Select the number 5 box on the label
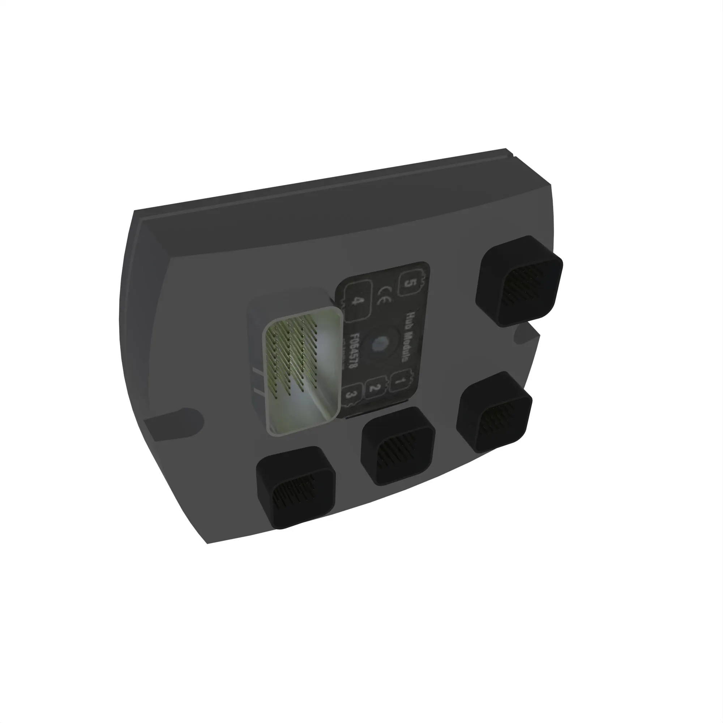408,283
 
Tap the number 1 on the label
399,381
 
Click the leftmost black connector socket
296,487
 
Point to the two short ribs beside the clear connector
258,382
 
